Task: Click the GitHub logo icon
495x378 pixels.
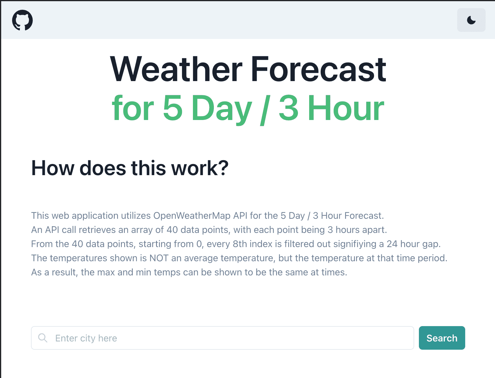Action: coord(22,20)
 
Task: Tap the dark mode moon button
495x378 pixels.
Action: coord(471,20)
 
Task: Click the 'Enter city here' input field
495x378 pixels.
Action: coord(222,338)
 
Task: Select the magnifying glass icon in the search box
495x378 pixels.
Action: coord(42,338)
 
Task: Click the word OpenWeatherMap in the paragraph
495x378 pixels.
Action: coord(192,216)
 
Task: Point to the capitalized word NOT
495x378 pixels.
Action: coord(159,258)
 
